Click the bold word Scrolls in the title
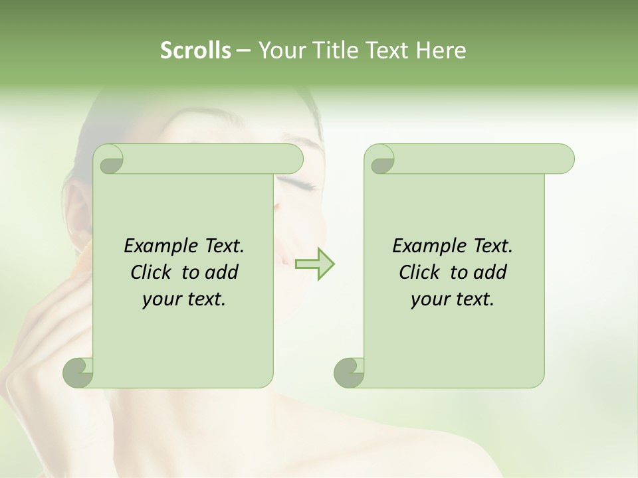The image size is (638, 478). click(196, 50)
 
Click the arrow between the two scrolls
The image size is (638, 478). click(314, 264)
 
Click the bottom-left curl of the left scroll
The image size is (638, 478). click(79, 372)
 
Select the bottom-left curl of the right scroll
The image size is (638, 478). click(350, 372)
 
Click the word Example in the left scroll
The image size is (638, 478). click(158, 246)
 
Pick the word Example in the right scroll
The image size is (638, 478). click(427, 246)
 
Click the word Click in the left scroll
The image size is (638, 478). click(146, 272)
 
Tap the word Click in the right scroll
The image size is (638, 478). click(415, 272)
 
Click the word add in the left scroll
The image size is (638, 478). click(222, 272)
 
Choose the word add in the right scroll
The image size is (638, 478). click(490, 272)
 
